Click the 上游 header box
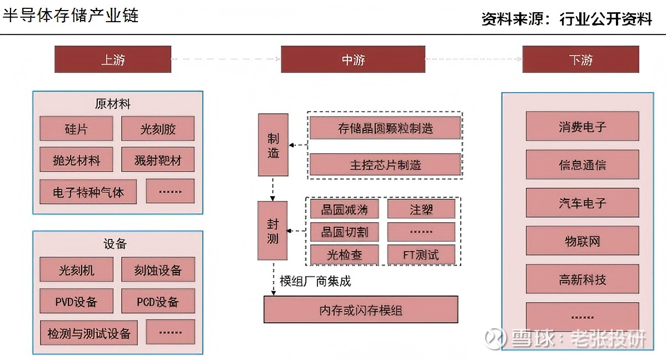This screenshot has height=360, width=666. click(x=112, y=59)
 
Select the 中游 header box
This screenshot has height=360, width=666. click(x=353, y=59)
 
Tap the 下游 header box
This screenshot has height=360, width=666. click(x=580, y=59)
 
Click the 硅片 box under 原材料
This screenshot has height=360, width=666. click(x=76, y=129)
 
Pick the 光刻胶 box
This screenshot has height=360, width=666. click(x=158, y=129)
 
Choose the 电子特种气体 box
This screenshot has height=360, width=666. click(x=88, y=192)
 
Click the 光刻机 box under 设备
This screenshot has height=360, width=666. click(x=76, y=270)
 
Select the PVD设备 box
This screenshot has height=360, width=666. click(x=76, y=301)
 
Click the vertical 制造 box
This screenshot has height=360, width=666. click(x=273, y=145)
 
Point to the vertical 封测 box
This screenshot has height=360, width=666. click(x=272, y=231)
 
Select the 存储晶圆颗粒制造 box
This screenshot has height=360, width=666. click(x=385, y=128)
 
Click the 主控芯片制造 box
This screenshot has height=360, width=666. click(x=385, y=164)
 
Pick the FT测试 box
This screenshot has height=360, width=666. click(x=421, y=254)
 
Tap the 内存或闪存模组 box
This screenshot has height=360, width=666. click(x=360, y=309)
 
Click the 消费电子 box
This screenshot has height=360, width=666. click(x=582, y=126)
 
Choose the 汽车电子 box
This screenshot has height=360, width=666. click(x=582, y=203)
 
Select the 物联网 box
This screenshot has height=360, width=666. click(x=582, y=241)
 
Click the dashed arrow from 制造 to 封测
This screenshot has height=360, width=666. click(x=272, y=189)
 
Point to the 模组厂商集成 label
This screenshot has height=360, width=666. click(x=315, y=281)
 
